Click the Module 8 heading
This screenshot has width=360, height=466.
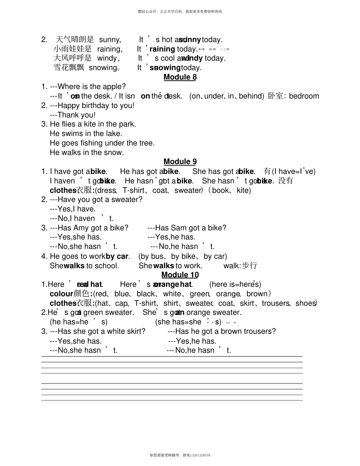coord(180,77)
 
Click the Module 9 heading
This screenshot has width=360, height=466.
coord(180,162)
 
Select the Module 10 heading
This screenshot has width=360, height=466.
coord(180,275)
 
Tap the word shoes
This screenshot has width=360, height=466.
coord(305,303)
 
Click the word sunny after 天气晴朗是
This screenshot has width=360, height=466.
coord(110,39)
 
